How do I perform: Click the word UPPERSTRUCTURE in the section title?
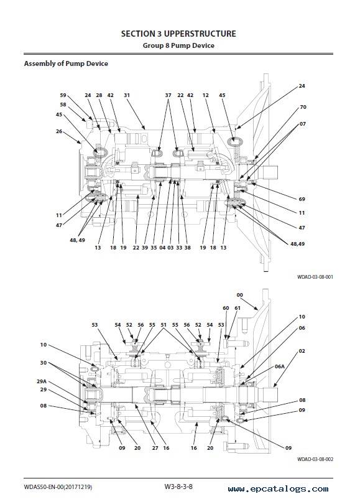200,34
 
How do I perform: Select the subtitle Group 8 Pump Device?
178,45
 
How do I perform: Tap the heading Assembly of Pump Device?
66,63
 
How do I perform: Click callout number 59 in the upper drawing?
63,95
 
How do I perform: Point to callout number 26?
59,131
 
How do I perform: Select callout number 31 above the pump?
127,95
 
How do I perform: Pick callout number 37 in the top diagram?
168,95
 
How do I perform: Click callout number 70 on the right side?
303,107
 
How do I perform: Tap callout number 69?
302,199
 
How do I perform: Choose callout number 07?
302,124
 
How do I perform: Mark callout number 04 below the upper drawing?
162,248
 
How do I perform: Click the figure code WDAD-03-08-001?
315,277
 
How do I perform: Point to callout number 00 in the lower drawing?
240,295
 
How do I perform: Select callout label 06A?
280,366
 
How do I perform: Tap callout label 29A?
42,381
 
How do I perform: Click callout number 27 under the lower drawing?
155,448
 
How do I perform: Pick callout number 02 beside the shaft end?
302,351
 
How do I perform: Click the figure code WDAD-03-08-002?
315,459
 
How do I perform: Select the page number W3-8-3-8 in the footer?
178,487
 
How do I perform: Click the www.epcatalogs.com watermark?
279,489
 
